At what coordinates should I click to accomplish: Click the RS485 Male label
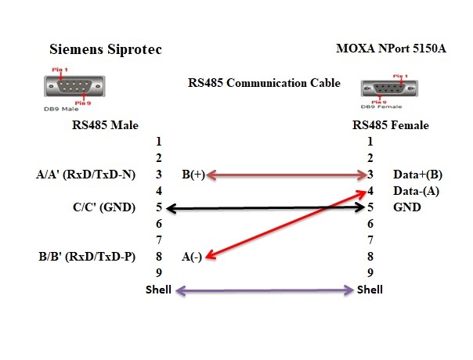point(103,124)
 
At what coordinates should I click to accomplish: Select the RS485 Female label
point(391,124)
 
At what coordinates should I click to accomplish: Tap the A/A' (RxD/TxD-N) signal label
point(80,175)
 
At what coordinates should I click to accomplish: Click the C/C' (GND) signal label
point(103,207)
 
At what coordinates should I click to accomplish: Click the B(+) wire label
point(193,175)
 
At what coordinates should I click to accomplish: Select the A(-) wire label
point(193,257)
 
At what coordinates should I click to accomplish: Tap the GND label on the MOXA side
point(406,207)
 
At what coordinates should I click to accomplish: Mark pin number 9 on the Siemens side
point(159,273)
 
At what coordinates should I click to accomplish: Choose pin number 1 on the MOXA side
point(370,142)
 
